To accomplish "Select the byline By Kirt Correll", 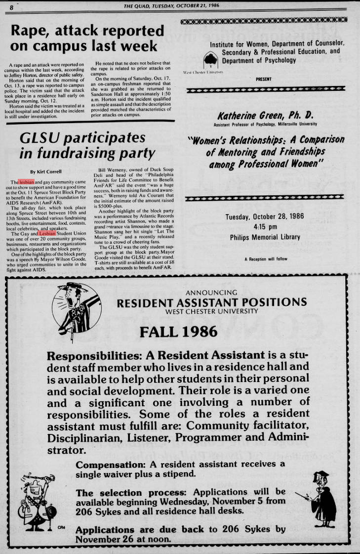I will pyautogui.click(x=47, y=171).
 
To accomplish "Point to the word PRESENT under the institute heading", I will pyautogui.click(x=264, y=79).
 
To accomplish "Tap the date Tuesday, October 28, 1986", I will pyautogui.click(x=265, y=217).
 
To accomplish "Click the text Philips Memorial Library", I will pyautogui.click(x=265, y=237).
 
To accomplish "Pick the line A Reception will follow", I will pyautogui.click(x=266, y=259).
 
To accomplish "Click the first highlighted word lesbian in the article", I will pyautogui.click(x=27, y=182).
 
